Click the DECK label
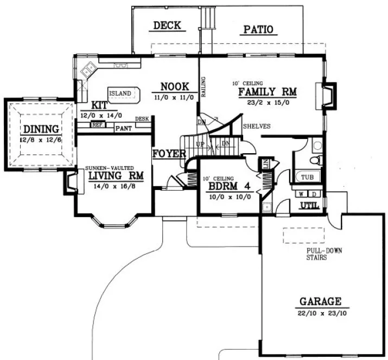[167, 26]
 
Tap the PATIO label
[257, 29]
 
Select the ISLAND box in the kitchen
[120, 93]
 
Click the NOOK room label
[174, 86]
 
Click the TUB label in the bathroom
[307, 178]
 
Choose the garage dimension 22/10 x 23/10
[321, 313]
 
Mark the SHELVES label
[257, 126]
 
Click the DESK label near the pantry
[142, 119]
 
